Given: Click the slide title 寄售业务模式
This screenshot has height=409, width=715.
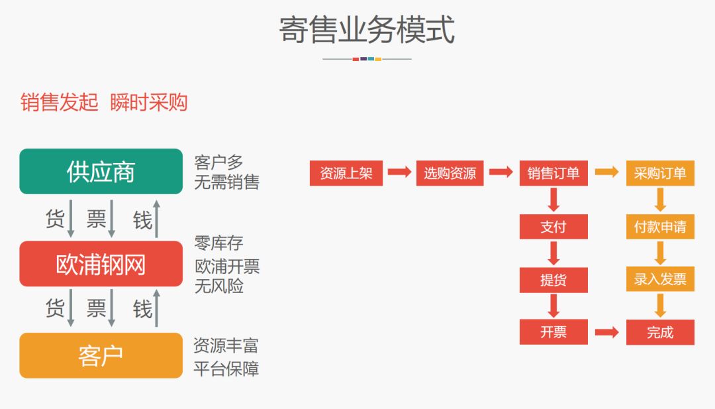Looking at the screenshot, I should coord(366,30).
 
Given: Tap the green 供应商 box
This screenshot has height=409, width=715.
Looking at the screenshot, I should coord(101,172).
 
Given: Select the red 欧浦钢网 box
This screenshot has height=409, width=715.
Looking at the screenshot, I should coord(101,264).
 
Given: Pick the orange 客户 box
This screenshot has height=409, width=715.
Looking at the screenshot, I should coord(101,356).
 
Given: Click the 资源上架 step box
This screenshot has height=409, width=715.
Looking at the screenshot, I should coord(346,173).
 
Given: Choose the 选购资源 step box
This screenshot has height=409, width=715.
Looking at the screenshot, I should coord(450,173).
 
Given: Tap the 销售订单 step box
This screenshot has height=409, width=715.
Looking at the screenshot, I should coord(553,173).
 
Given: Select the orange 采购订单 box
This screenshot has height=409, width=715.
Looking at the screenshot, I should coord(660,173).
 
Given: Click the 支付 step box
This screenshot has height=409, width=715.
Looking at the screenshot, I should coord(553,227).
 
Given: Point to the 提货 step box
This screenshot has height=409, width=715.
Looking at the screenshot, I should coord(553,280).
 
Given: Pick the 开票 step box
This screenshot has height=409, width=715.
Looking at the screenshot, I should coord(553,332).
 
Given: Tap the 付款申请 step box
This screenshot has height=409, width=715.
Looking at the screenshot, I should coord(660,227).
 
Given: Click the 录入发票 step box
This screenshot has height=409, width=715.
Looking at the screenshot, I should coord(660,280).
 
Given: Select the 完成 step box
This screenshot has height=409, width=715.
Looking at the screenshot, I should coord(660,332).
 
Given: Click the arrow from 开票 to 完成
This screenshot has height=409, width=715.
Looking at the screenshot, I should coord(606,332).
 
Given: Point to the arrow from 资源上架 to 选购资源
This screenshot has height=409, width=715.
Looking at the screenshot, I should coord(399,172).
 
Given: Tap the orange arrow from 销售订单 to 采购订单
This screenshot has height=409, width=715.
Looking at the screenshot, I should coord(606,172).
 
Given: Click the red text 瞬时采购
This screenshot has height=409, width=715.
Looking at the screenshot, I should coord(149,102).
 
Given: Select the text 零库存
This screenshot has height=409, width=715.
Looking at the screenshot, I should coord(218,243).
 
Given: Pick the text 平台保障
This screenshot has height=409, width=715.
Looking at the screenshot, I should coord(226,369).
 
